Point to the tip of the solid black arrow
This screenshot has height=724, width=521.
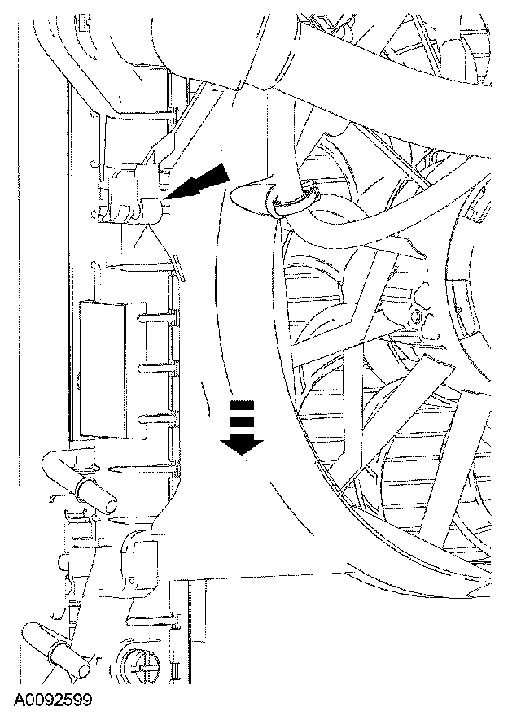point(169,198)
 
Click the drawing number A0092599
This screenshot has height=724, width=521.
point(53,699)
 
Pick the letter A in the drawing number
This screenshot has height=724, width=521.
point(20,699)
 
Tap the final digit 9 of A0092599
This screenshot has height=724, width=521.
point(86,699)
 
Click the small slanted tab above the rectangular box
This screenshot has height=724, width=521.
point(173,262)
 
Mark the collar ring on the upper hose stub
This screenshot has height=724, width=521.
point(80,486)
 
